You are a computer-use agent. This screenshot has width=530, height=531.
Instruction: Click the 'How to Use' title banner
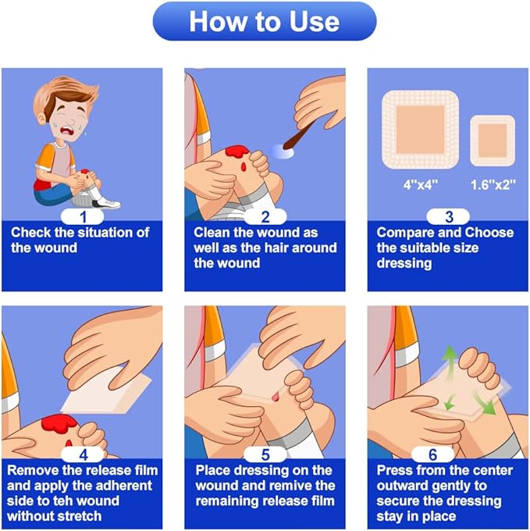click(265, 22)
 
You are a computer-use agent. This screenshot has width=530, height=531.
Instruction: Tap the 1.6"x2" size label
click(493, 186)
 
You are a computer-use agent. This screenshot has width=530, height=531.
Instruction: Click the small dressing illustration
click(493, 141)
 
